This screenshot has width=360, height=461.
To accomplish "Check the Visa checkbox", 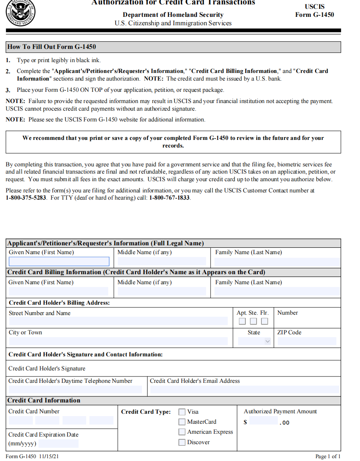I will pyautogui.click(x=182, y=412).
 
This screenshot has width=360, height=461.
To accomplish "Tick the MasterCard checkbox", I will pyautogui.click(x=182, y=422).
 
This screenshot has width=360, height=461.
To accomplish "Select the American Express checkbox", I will pyautogui.click(x=182, y=432).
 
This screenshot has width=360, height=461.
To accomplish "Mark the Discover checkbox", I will pyautogui.click(x=182, y=442).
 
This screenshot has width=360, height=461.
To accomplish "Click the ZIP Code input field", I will pyautogui.click(x=307, y=342).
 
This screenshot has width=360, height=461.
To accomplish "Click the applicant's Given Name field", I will pyautogui.click(x=59, y=262).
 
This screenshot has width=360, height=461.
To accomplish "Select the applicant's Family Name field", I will pyautogui.click(x=277, y=262).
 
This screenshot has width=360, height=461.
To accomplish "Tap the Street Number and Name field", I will pyautogui.click(x=118, y=321).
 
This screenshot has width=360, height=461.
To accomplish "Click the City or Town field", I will pyautogui.click(x=118, y=342).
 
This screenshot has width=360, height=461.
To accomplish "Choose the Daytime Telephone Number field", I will pyautogui.click(x=75, y=389).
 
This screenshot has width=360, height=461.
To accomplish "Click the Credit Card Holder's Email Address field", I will pyautogui.click(x=244, y=389).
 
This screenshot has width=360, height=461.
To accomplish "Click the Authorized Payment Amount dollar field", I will pyautogui.click(x=263, y=421).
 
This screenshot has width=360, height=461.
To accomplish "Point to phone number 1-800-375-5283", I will pyautogui.click(x=26, y=198).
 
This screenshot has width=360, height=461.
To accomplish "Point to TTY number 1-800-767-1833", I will pyautogui.click(x=170, y=198).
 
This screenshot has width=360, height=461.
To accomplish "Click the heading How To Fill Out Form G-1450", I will pyautogui.click(x=52, y=47).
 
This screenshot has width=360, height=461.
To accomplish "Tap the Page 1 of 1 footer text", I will pyautogui.click(x=328, y=456).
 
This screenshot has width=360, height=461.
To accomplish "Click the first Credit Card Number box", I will pyautogui.click(x=20, y=421).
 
